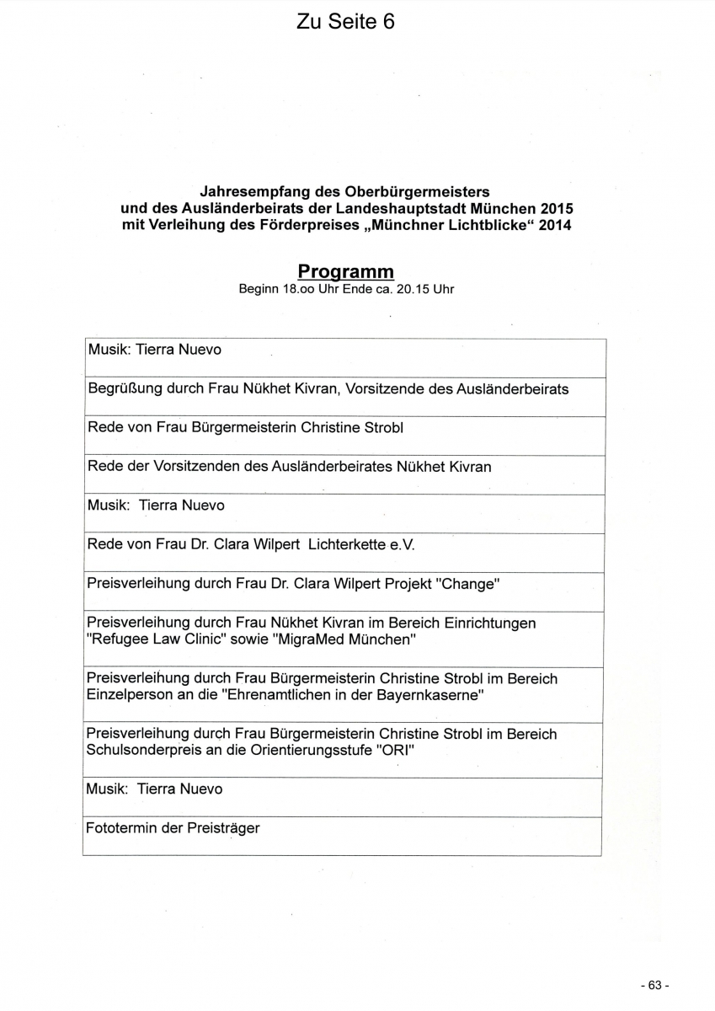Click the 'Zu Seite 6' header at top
345,22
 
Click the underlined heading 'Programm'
345,271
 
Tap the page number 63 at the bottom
654,985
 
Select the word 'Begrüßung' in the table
121,389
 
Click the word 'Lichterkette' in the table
347,544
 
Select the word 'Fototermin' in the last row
121,828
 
